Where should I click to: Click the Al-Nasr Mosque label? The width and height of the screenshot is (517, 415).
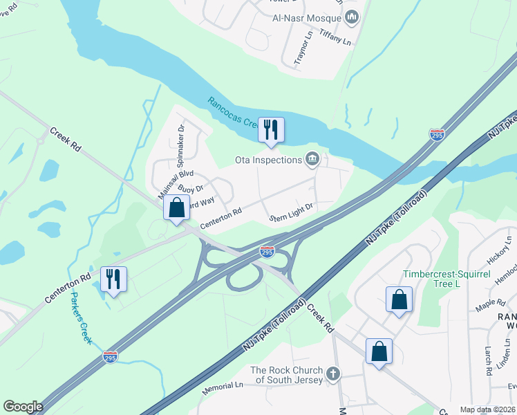tap(309, 16)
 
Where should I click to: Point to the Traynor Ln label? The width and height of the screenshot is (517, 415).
tap(299, 50)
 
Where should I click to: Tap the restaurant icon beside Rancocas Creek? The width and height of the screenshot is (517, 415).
tap(271, 129)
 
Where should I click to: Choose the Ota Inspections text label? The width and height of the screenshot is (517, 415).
tap(268, 160)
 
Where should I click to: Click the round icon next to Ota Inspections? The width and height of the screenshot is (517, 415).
tap(312, 160)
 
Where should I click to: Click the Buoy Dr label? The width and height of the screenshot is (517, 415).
tap(190, 188)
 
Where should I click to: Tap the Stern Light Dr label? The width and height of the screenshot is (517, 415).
tap(292, 212)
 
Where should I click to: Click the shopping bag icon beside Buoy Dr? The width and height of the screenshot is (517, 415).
tap(176, 207)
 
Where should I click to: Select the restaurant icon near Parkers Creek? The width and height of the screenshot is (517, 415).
tap(113, 279)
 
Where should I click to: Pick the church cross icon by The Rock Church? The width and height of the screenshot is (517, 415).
tap(333, 375)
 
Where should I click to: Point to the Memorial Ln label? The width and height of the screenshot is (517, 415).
tap(223, 388)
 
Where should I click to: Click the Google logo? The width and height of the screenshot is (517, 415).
tap(23, 407)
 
